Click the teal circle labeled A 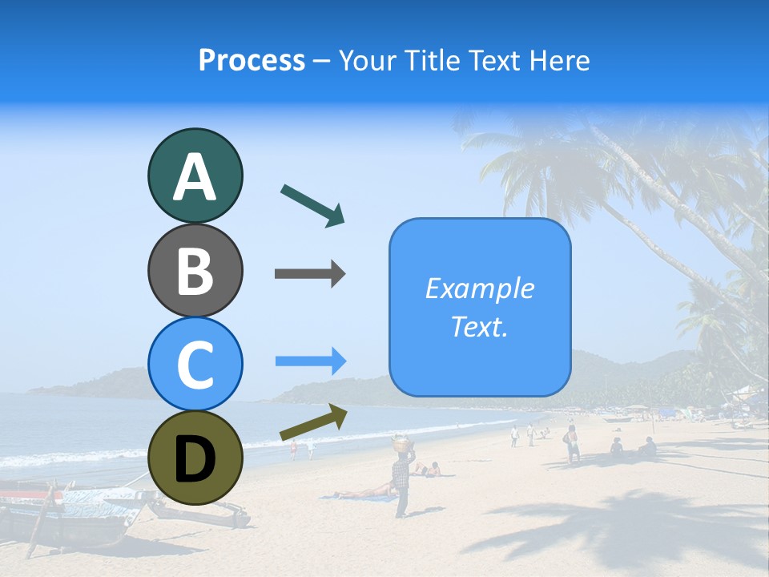tap(195, 176)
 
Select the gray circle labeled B tap(195, 270)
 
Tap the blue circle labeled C tap(195, 364)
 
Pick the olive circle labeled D tap(195, 458)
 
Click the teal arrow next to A tap(312, 205)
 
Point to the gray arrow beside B tap(310, 274)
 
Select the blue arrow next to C tap(310, 361)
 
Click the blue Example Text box tap(480, 308)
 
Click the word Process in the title tap(252, 60)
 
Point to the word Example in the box tap(479, 288)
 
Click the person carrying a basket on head tap(401, 481)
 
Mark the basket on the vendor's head tap(401, 441)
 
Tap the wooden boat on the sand tap(72, 517)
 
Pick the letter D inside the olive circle tap(195, 460)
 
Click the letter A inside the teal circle tap(195, 177)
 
